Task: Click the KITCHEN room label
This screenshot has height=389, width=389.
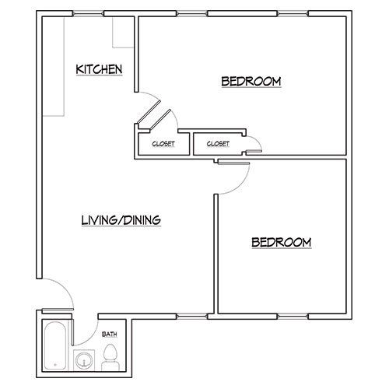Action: (x=99, y=70)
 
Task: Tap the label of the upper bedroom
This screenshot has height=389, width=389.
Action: (x=251, y=81)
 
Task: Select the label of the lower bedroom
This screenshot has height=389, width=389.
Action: (x=281, y=242)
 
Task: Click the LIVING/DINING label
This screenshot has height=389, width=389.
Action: (x=121, y=220)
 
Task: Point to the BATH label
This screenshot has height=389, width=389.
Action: (x=110, y=335)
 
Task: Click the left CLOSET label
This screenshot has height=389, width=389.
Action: (x=163, y=144)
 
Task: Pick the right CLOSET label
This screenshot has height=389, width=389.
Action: (x=217, y=144)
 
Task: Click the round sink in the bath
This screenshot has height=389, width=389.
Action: (x=84, y=359)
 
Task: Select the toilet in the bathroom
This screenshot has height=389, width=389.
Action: (x=110, y=354)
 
